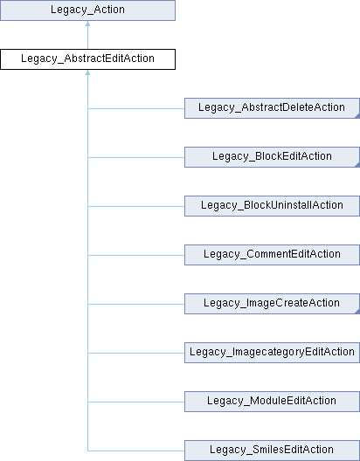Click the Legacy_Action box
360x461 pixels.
[87, 10]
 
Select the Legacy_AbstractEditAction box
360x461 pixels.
[87, 59]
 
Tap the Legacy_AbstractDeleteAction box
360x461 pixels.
[272, 108]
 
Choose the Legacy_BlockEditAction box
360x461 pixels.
[272, 157]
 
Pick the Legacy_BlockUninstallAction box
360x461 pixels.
[272, 206]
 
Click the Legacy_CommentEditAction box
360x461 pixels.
[272, 255]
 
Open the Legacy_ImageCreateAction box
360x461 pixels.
[272, 304]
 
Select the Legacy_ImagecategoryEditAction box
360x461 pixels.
[272, 353]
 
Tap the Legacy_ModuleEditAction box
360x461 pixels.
[272, 402]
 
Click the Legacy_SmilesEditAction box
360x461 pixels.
[272, 451]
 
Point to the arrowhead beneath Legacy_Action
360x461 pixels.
[87, 24]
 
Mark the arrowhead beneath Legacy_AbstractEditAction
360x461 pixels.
[87, 72]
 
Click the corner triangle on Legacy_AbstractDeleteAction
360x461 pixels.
[357, 116]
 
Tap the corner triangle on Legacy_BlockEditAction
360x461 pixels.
[357, 165]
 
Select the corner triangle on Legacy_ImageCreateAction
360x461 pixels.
[357, 312]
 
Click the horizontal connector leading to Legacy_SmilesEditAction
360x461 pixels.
[136, 451]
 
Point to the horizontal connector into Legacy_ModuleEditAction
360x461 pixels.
[136, 402]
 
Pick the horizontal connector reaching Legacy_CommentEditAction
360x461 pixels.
[136, 255]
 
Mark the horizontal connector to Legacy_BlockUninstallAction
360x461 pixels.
[136, 206]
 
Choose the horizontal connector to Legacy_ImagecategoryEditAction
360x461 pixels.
[136, 353]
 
